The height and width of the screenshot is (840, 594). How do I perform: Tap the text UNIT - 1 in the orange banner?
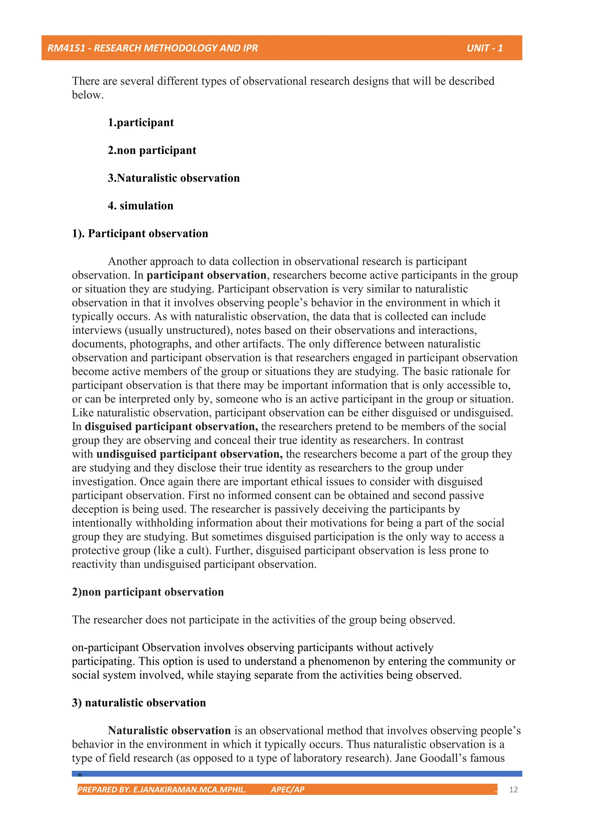pos(484,48)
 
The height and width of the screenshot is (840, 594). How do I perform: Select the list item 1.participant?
pos(141,123)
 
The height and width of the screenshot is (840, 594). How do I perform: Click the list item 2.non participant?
pos(152,150)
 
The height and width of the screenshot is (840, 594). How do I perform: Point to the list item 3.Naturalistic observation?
pos(174,178)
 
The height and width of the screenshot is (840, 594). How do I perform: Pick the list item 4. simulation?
pos(140,206)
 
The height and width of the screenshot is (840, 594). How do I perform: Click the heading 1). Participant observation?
pos(140,234)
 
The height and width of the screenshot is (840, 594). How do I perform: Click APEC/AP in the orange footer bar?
pos(287,790)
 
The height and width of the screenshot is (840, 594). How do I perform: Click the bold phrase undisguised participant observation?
pos(189,454)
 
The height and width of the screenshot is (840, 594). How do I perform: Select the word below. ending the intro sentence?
pos(88,95)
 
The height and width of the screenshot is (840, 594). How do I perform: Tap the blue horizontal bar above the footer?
pos(297,774)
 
